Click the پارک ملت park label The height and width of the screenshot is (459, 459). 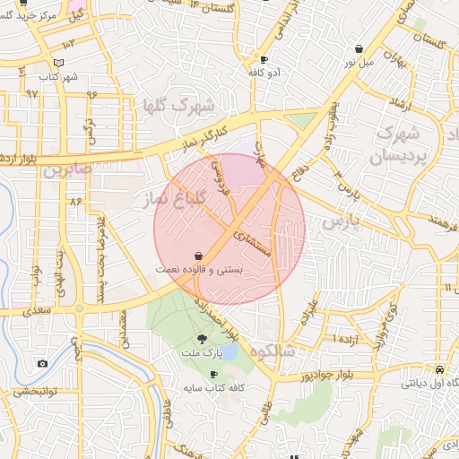tap(201, 354)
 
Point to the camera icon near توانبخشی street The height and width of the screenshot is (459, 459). tap(42, 363)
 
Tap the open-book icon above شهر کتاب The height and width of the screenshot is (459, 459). tap(59, 63)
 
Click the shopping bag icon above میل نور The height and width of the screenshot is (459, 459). tap(359, 48)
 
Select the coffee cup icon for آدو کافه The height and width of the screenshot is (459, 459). tap(263, 58)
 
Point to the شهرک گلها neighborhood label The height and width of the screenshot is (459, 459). tap(184, 107)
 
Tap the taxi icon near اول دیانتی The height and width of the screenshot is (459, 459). tap(438, 369)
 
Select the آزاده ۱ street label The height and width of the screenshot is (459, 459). tap(346, 341)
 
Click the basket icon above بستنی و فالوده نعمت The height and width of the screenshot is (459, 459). tap(197, 255)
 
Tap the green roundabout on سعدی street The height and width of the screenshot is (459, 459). tap(79, 309)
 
